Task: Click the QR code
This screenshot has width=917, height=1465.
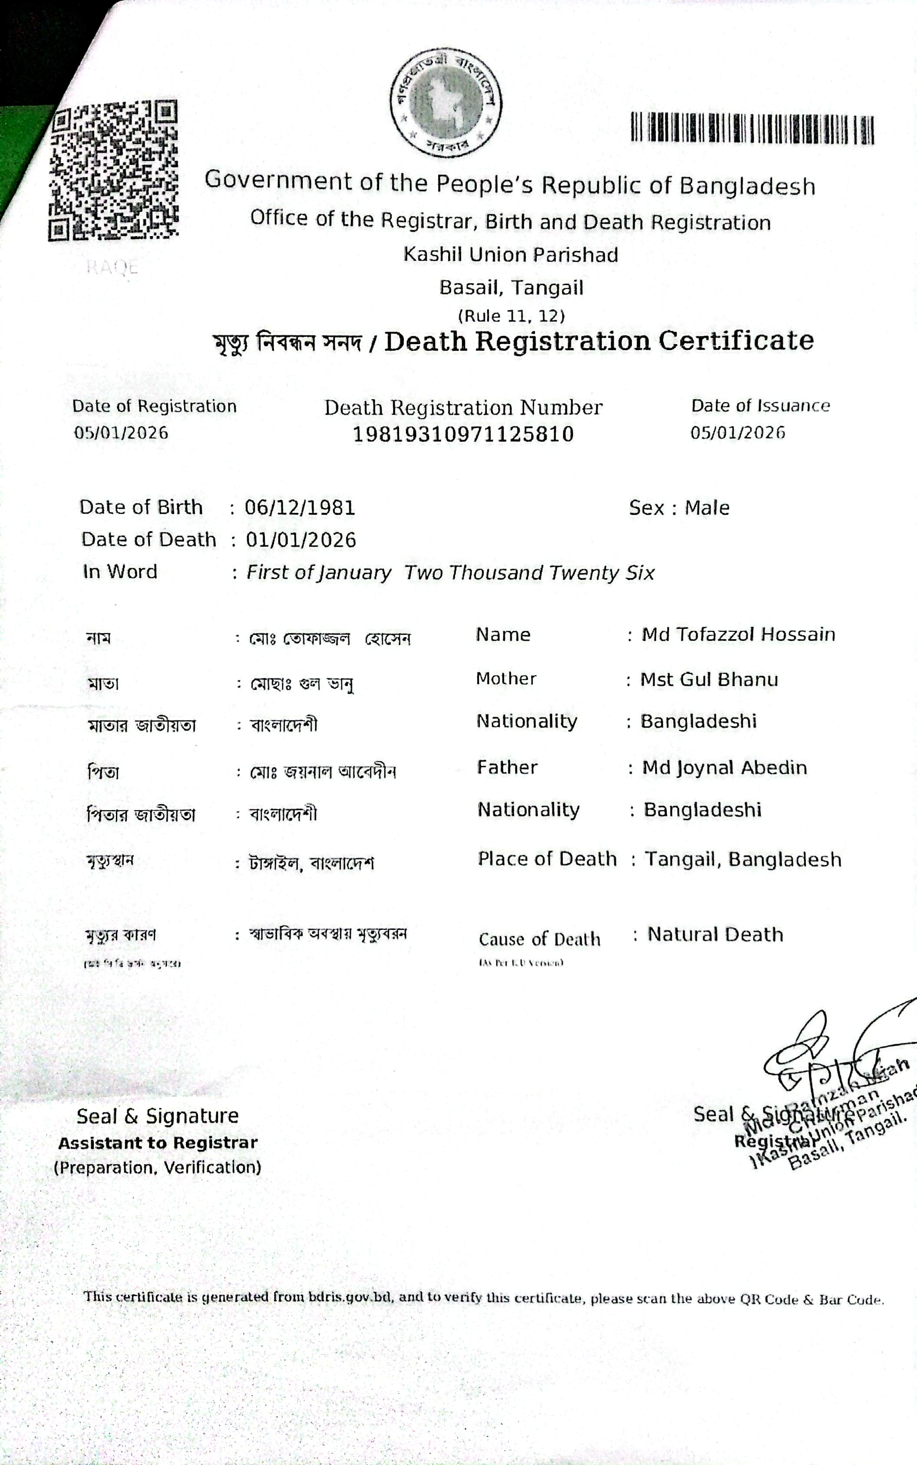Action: [x=113, y=170]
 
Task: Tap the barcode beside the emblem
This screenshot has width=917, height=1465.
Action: [x=752, y=128]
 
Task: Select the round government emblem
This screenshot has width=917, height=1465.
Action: [x=446, y=102]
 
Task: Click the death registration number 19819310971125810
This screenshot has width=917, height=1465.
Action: [x=463, y=434]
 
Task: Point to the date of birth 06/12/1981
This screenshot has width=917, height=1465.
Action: [x=300, y=507]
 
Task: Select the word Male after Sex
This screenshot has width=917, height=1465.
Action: [x=707, y=508]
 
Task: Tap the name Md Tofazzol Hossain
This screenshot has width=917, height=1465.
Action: [x=738, y=634]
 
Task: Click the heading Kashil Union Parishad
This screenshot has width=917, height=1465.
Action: [x=511, y=255]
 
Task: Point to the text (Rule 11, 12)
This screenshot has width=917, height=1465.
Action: [x=511, y=316]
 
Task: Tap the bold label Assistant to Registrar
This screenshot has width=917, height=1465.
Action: [x=158, y=1143]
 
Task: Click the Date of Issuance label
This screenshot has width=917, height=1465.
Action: [x=761, y=405]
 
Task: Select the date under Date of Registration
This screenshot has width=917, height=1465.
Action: [x=121, y=433]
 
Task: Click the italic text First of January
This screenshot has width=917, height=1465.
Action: [x=318, y=573]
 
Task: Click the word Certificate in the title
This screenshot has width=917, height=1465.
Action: [x=736, y=341]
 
